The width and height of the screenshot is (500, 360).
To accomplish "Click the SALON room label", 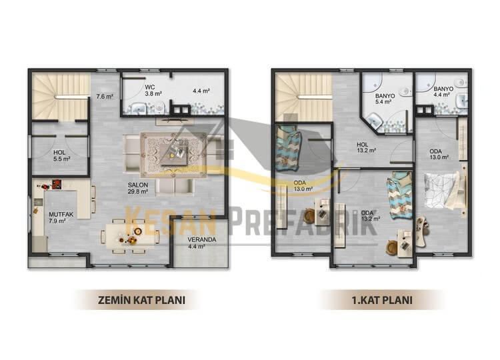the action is [138, 188].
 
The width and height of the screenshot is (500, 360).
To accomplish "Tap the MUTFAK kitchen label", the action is [61, 217].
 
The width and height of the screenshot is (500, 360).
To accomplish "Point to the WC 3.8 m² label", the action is [153, 91].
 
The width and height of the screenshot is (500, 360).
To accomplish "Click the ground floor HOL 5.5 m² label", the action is [62, 155].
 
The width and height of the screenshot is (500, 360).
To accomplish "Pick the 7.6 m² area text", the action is [105, 96].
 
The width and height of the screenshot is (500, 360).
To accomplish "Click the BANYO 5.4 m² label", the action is [385, 99].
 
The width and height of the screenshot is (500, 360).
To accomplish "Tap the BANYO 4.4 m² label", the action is [443, 92].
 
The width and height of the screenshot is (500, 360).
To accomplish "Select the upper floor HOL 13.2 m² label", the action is [366, 147].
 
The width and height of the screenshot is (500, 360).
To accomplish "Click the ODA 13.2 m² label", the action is [370, 216].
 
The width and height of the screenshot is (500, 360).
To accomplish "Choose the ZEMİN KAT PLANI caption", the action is [141, 300].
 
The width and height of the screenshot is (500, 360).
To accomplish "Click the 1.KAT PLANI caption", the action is [382, 300].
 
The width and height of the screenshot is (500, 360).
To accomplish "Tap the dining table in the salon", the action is [130, 237].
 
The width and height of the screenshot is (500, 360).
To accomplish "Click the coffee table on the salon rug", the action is [175, 154].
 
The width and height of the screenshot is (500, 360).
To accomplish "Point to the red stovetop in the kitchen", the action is [57, 184].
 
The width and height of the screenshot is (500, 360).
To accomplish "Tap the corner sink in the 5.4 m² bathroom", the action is [374, 121].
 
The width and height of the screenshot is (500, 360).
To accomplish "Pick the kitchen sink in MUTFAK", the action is [39, 202].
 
